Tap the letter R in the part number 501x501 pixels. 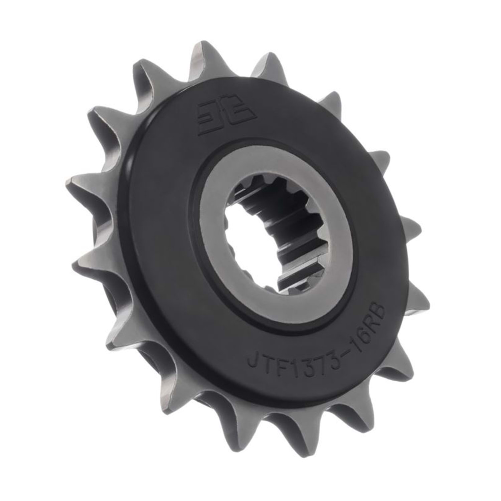(370, 323)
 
